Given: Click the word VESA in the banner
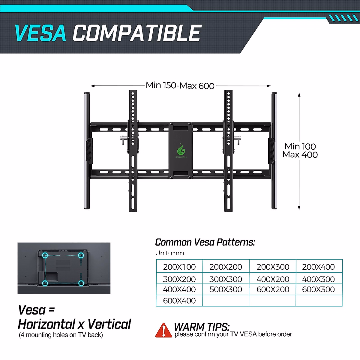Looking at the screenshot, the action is (40, 33).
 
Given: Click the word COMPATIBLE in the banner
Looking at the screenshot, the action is (137, 33).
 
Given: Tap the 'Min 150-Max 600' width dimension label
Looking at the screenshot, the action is (180, 85).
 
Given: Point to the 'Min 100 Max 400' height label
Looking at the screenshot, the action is (300, 150).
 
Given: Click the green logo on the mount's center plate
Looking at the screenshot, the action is (181, 150).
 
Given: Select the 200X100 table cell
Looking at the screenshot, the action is (179, 267).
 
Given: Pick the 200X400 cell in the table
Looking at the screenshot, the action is (318, 267).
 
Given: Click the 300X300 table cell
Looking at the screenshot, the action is (226, 279).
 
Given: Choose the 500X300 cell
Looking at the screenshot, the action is (226, 289).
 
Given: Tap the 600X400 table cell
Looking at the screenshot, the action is (179, 301).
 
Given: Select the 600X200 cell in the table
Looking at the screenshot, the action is (273, 289).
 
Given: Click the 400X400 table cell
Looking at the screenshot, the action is (179, 289).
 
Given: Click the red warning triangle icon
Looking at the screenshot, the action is (163, 330).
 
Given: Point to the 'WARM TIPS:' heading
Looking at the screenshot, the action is (202, 326).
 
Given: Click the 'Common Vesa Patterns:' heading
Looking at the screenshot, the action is (205, 242).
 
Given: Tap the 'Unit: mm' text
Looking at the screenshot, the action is (169, 253).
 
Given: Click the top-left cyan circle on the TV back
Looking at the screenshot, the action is (45, 256).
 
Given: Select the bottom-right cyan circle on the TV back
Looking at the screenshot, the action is (81, 283).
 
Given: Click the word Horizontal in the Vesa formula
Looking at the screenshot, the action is (46, 324).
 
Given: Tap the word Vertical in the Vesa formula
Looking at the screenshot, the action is (109, 324).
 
